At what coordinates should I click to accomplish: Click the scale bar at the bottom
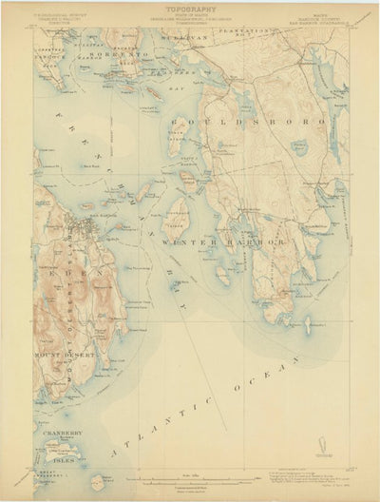tap(189, 478)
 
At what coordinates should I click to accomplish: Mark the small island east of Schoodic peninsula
tap(306, 325)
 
